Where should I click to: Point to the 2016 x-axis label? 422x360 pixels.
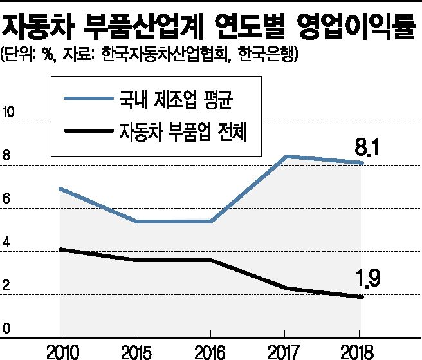point(210,350)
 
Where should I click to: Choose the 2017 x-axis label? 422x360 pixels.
point(285,350)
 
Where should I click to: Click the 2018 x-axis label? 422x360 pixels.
point(360,350)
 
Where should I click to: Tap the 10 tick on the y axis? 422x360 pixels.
point(10,113)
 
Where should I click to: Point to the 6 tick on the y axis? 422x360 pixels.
point(7,199)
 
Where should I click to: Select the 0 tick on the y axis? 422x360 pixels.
point(7,328)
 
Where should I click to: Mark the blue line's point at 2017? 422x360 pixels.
point(286,156)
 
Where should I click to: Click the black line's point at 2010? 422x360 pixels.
point(60,249)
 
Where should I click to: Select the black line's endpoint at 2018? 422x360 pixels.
point(363,297)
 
